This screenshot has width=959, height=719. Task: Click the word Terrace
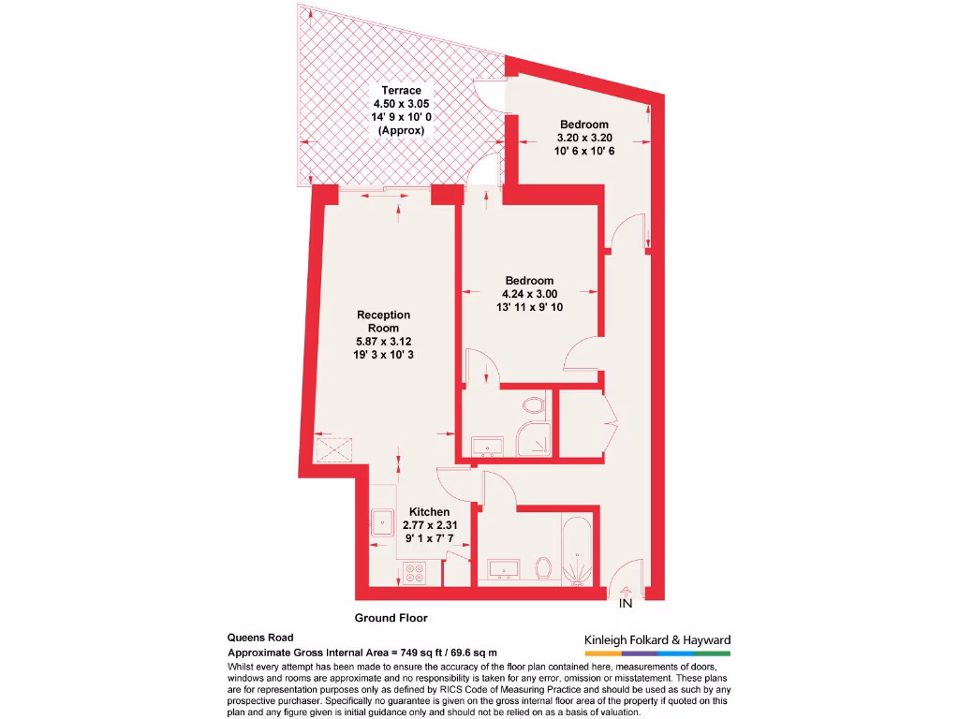point(401,91)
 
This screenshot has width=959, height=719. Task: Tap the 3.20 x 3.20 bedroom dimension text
point(584,138)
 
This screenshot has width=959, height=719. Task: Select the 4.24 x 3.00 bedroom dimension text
point(529,294)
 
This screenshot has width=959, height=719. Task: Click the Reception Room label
point(383,321)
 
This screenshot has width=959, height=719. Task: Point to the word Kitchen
point(429,512)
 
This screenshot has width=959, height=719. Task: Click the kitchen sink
point(383,522)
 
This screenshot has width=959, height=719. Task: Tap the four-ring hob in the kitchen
point(415,572)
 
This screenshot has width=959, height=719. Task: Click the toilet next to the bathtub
point(542,567)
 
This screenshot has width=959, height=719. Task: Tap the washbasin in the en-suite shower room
point(488,445)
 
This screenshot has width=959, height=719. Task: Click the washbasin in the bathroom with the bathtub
point(504,568)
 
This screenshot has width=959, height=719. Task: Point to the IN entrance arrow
point(626,592)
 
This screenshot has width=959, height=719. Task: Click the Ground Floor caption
point(391,618)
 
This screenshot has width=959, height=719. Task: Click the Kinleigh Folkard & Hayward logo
point(657,642)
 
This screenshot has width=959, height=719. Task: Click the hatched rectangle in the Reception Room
point(334,450)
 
